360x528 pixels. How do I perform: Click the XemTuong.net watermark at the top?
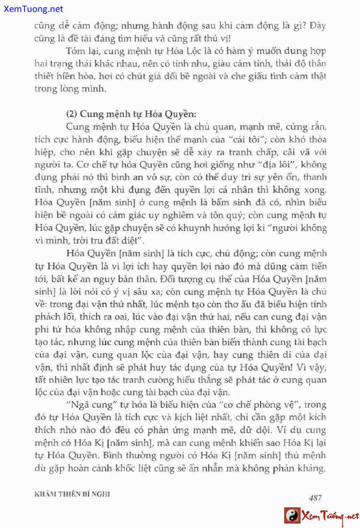[32, 9]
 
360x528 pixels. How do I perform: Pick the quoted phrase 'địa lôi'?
[287, 165]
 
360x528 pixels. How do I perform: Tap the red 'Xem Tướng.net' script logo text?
[330, 516]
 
